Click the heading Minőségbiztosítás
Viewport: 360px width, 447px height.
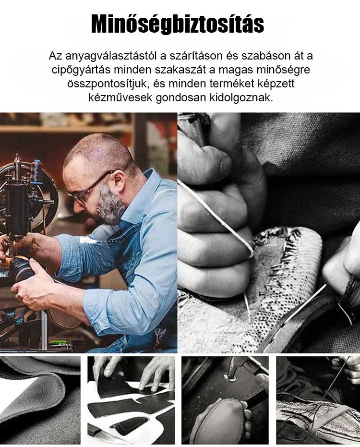[x=177, y=24]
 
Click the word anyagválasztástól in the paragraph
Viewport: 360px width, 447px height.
[x=111, y=56]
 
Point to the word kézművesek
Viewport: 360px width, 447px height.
[x=120, y=97]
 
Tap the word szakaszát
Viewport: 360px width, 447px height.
[x=186, y=70]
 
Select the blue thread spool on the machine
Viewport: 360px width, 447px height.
[x=36, y=171]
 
